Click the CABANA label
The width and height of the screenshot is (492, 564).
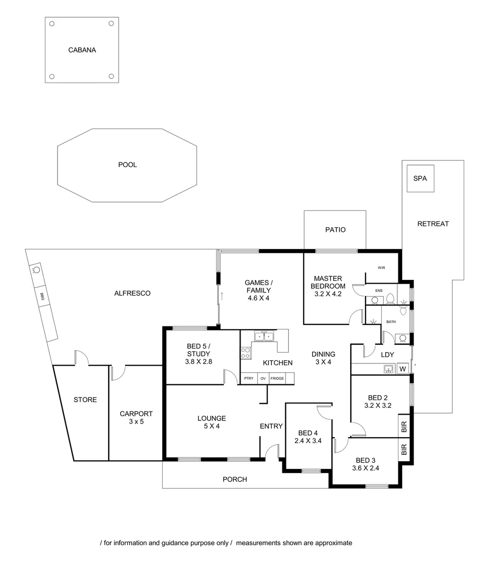(x=82, y=51)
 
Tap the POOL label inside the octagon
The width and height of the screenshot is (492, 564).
(x=127, y=164)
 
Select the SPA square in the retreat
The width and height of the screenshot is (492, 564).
(x=420, y=179)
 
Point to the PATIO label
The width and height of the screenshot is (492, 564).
(x=335, y=230)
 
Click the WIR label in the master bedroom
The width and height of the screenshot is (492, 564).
(x=381, y=268)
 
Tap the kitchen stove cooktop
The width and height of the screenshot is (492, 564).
(x=246, y=352)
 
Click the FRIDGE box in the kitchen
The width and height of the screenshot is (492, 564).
(x=277, y=379)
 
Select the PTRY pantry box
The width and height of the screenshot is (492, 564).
(x=249, y=379)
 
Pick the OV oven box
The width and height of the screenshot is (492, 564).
(x=263, y=379)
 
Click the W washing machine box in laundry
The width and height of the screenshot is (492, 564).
(x=403, y=369)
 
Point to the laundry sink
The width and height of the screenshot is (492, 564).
(x=387, y=369)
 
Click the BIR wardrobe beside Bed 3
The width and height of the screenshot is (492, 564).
(x=404, y=450)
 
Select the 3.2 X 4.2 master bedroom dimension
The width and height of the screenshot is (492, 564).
(x=328, y=294)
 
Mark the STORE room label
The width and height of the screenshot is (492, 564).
(x=85, y=400)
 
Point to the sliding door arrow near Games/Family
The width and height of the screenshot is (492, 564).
(x=222, y=296)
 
